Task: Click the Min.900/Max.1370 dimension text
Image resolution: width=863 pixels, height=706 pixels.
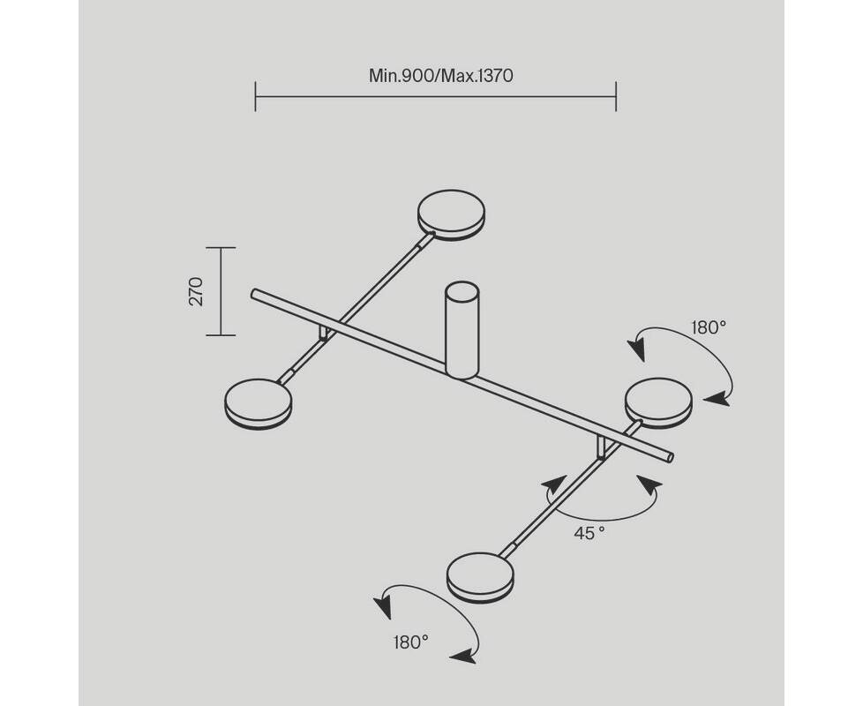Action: click(441, 75)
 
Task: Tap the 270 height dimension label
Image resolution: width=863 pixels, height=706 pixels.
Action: click(196, 291)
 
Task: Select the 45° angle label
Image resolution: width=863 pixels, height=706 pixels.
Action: click(589, 533)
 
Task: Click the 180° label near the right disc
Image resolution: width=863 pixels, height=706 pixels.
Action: click(709, 328)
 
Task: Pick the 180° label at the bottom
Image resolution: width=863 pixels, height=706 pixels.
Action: click(410, 642)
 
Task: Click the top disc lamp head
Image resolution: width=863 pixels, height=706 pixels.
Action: click(451, 215)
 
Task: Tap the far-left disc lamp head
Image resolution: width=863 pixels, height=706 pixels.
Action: click(259, 404)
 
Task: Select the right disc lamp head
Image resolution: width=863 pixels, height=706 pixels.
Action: click(659, 402)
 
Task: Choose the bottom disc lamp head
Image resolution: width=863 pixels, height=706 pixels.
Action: click(481, 577)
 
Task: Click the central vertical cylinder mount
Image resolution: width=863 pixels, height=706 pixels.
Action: click(462, 330)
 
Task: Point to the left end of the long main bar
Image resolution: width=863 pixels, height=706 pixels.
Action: click(254, 294)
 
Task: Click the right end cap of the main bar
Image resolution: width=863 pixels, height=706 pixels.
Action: click(670, 457)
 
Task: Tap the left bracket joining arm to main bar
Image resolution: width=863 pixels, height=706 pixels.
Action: click(325, 334)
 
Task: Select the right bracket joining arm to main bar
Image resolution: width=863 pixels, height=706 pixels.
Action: click(604, 447)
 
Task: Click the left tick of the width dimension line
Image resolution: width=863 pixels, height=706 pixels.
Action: click(255, 96)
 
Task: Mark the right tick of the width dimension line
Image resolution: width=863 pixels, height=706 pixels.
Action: click(616, 96)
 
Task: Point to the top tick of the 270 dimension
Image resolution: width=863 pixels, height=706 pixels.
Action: click(221, 248)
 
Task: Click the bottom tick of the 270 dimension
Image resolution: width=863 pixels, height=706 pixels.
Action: click(221, 334)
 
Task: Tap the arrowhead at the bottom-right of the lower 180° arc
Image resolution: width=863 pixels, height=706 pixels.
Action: click(463, 656)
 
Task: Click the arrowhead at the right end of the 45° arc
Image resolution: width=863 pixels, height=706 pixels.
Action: click(650, 484)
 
